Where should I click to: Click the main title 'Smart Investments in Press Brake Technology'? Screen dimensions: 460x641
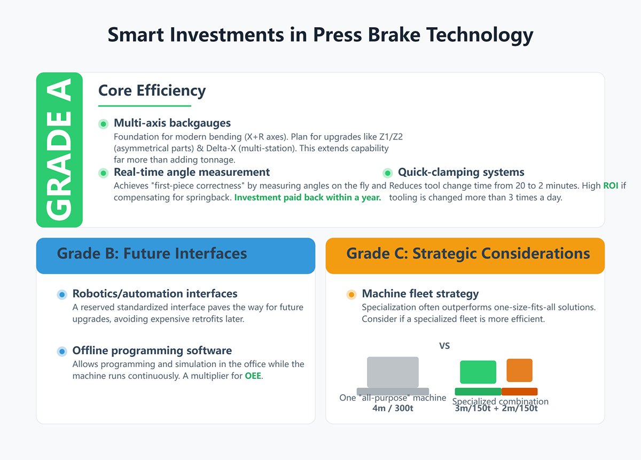(320, 35)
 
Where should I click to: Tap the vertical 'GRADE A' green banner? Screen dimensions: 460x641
(59, 150)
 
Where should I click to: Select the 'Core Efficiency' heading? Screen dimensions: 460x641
(152, 91)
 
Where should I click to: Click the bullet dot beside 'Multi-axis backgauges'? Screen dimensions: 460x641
(104, 124)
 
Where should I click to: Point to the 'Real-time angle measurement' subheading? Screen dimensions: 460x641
(192, 172)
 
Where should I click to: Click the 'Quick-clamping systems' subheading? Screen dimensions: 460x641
(461, 172)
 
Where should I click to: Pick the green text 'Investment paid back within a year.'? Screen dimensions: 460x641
(308, 198)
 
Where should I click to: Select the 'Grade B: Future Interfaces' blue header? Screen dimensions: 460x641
(176, 253)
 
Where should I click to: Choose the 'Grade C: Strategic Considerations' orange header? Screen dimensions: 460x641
(465, 253)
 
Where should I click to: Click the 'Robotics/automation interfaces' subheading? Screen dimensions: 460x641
(155, 293)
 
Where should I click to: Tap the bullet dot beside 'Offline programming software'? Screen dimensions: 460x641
(62, 351)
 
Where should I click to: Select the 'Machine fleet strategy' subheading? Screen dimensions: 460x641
(420, 293)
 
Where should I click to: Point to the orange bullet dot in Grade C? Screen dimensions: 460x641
(351, 294)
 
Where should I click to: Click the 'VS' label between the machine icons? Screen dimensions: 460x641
(444, 346)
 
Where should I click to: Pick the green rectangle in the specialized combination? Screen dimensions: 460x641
(478, 372)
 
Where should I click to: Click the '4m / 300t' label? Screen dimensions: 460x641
(393, 409)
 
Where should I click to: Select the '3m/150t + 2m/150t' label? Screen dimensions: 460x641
(496, 409)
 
